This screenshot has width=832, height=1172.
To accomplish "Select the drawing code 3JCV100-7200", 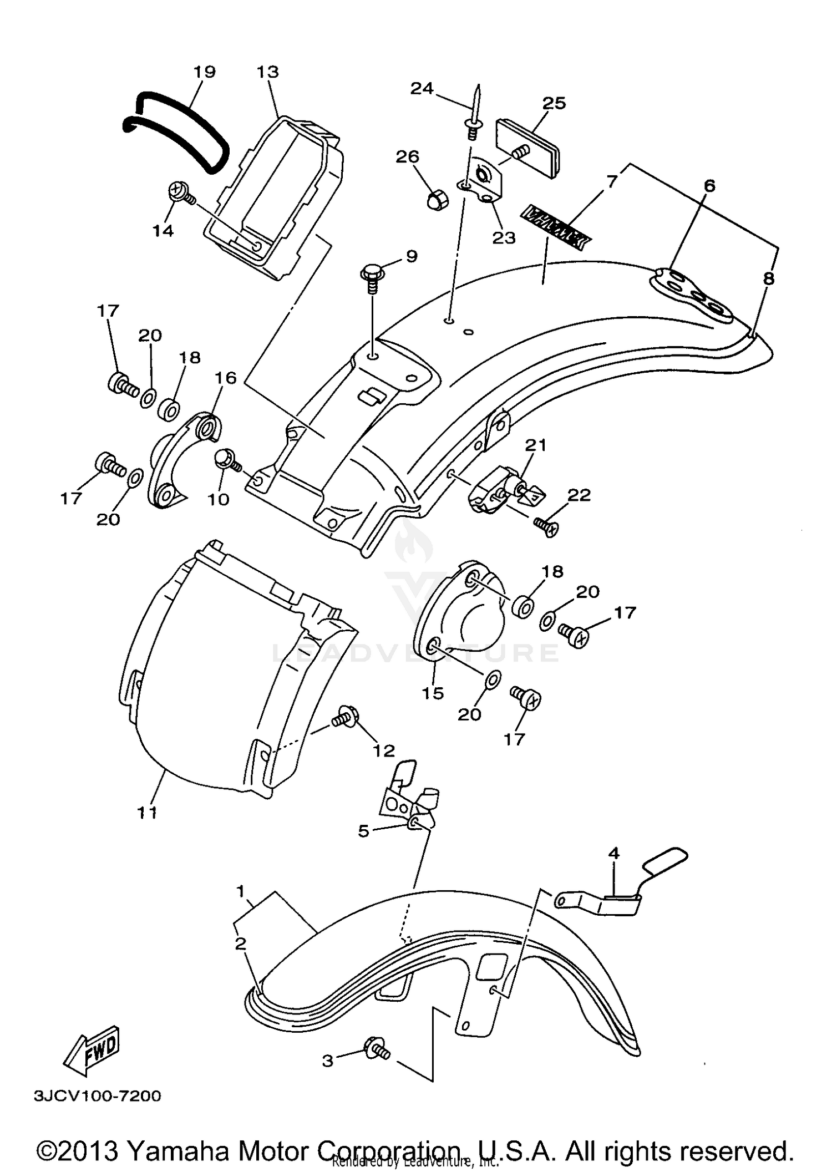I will coord(98,1096).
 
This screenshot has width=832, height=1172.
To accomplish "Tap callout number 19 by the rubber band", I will coord(205,72).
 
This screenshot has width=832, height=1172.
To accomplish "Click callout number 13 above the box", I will coord(268,72).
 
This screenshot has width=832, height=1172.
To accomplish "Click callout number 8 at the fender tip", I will coord(768,278).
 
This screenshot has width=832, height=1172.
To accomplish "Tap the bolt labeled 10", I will coord(227,460).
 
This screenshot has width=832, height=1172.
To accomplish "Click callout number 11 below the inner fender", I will coord(148,813).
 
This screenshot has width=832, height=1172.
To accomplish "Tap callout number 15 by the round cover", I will coord(433,693).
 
